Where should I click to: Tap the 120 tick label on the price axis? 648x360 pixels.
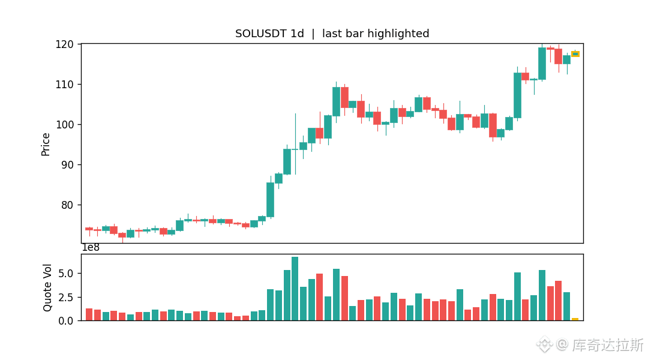click(x=64, y=44)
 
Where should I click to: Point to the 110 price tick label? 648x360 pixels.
click(x=64, y=85)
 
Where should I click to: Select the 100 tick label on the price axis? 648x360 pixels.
click(x=64, y=125)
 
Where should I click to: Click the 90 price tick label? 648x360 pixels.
click(x=67, y=165)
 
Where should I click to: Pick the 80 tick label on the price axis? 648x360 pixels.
click(x=67, y=205)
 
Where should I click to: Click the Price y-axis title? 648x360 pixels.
click(x=46, y=144)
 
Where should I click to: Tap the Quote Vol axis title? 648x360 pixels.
click(x=47, y=287)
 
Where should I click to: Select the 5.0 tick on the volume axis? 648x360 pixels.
click(x=66, y=274)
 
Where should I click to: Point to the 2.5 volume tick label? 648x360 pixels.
click(x=66, y=298)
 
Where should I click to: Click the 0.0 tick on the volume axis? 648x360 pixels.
click(x=66, y=321)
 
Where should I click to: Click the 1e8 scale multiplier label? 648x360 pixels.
click(x=91, y=248)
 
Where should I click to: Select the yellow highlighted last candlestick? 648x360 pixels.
click(x=575, y=54)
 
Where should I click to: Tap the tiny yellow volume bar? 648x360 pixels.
click(x=575, y=319)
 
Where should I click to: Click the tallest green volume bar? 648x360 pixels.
click(x=295, y=289)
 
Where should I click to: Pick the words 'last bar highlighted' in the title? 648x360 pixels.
click(x=376, y=34)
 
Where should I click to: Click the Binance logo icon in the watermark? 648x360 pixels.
click(x=544, y=344)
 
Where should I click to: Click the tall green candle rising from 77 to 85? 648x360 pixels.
click(x=270, y=200)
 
